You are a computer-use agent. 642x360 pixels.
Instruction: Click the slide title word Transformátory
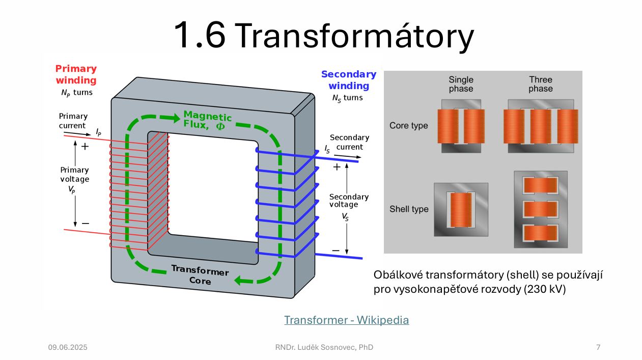(355, 36)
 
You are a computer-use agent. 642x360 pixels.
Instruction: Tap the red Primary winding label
(76, 74)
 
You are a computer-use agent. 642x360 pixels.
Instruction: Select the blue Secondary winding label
(349, 80)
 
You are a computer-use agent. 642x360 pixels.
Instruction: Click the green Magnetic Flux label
(208, 120)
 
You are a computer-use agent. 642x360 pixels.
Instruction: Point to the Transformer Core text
(200, 275)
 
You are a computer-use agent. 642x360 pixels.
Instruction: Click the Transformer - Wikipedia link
(347, 320)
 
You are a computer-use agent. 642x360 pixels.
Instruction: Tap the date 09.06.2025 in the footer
(68, 347)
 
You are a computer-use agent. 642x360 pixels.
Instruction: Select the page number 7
(598, 347)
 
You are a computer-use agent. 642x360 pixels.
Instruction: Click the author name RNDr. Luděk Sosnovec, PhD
(324, 347)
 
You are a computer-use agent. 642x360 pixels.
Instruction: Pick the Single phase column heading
(461, 84)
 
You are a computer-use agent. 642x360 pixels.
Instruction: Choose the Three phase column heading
(541, 84)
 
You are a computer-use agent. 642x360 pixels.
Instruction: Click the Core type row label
(408, 126)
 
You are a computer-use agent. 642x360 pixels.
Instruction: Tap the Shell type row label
(409, 209)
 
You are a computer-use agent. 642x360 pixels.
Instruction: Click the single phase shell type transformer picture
(461, 209)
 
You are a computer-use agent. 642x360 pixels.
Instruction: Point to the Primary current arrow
(77, 133)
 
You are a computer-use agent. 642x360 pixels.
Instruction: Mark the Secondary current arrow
(348, 156)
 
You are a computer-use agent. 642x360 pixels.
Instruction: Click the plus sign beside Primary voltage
(85, 147)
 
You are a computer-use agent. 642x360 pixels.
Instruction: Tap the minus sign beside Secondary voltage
(336, 251)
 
